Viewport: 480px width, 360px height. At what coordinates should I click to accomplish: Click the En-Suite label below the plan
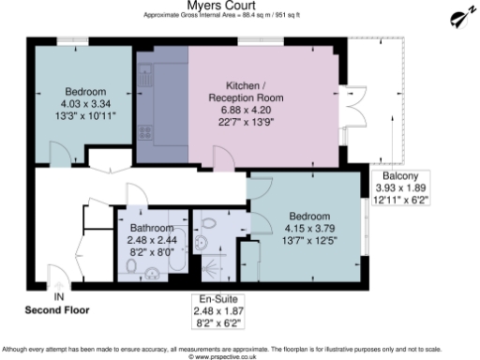click(210, 299)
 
